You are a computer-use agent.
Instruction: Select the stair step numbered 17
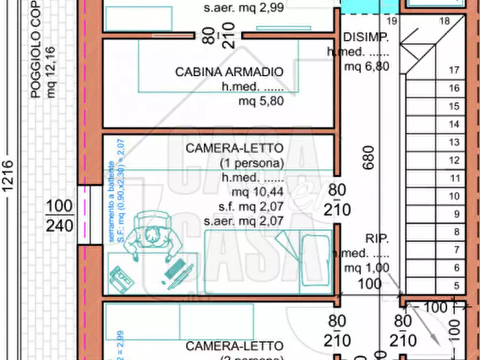(454, 70)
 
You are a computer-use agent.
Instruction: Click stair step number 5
(456, 286)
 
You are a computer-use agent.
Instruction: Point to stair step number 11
(454, 178)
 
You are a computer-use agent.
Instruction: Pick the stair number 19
(391, 21)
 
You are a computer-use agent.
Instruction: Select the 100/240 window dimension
(59, 216)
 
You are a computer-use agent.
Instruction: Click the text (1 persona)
(251, 163)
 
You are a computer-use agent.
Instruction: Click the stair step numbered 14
(454, 124)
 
